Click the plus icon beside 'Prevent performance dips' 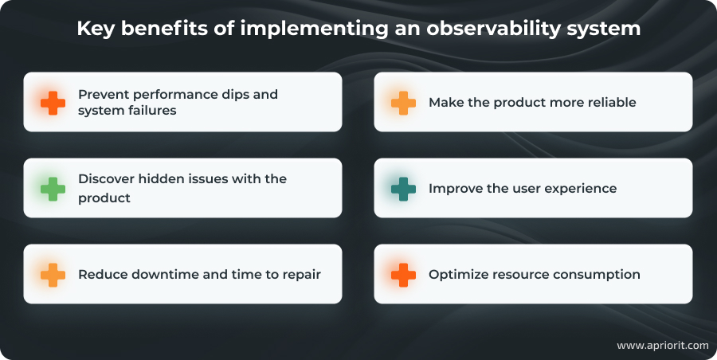(53, 102)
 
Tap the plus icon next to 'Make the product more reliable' (403, 102)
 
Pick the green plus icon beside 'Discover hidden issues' (53, 189)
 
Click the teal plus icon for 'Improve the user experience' (403, 189)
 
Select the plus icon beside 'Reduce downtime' (53, 274)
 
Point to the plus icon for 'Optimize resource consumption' (403, 274)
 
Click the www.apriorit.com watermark (662, 346)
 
